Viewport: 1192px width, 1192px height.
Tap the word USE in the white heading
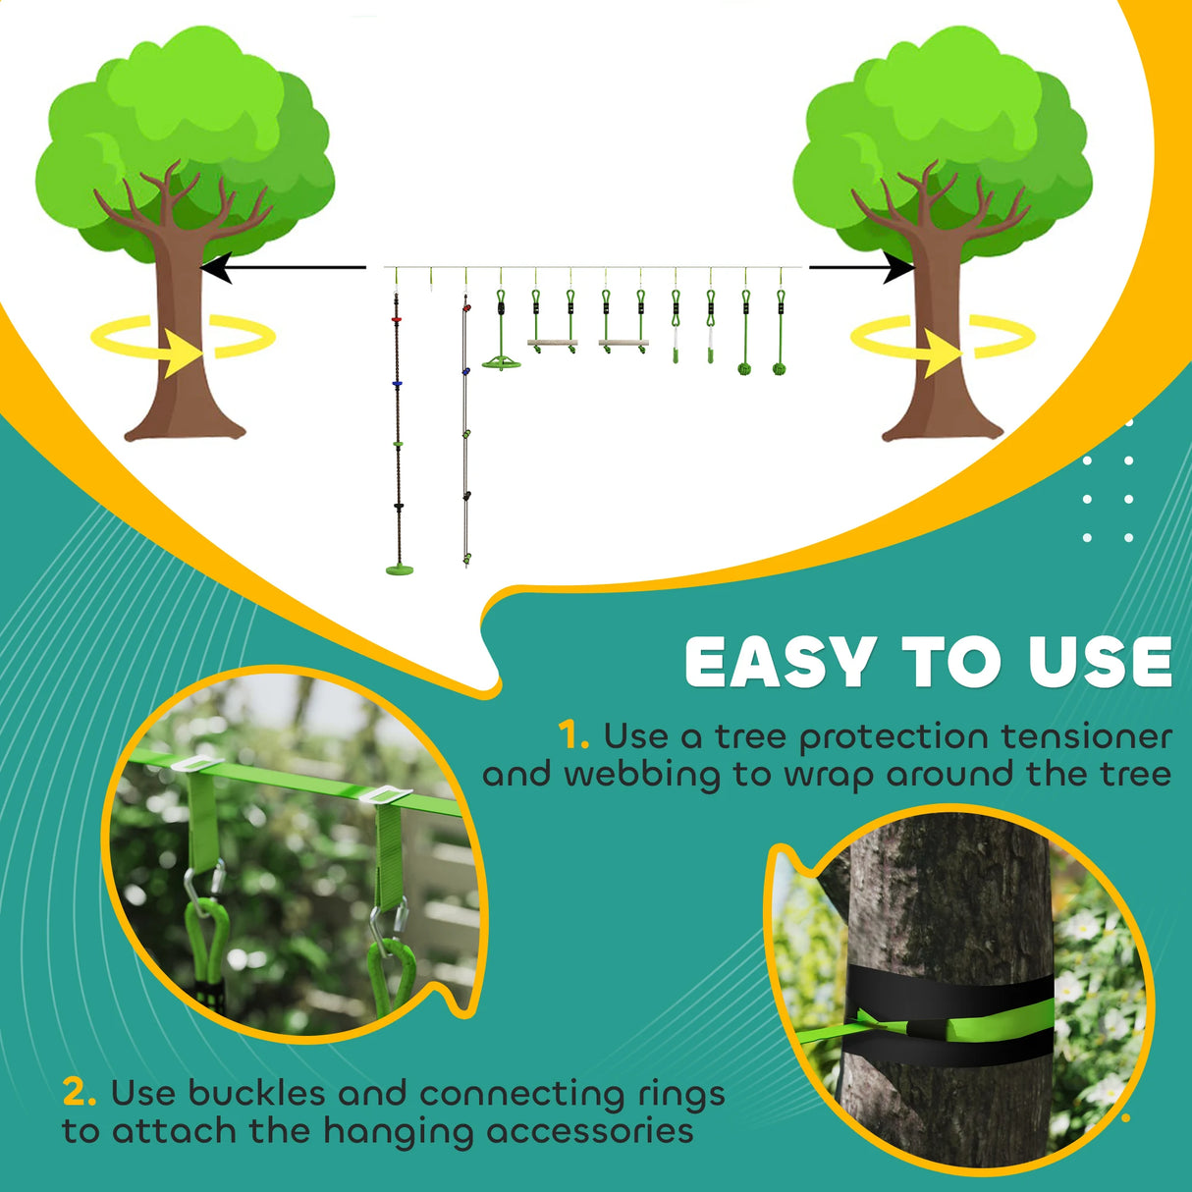point(1100,663)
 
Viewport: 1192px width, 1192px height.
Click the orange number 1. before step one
point(572,736)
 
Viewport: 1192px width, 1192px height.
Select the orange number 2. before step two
point(80,1093)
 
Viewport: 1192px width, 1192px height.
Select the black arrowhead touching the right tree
point(898,267)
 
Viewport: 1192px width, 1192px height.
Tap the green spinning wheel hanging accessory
point(501,361)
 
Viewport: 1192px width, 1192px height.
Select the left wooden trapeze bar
point(552,344)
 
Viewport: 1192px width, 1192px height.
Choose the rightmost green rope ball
point(780,369)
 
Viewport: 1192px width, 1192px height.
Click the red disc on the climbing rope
point(398,320)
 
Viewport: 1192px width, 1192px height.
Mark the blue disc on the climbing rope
point(398,383)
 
